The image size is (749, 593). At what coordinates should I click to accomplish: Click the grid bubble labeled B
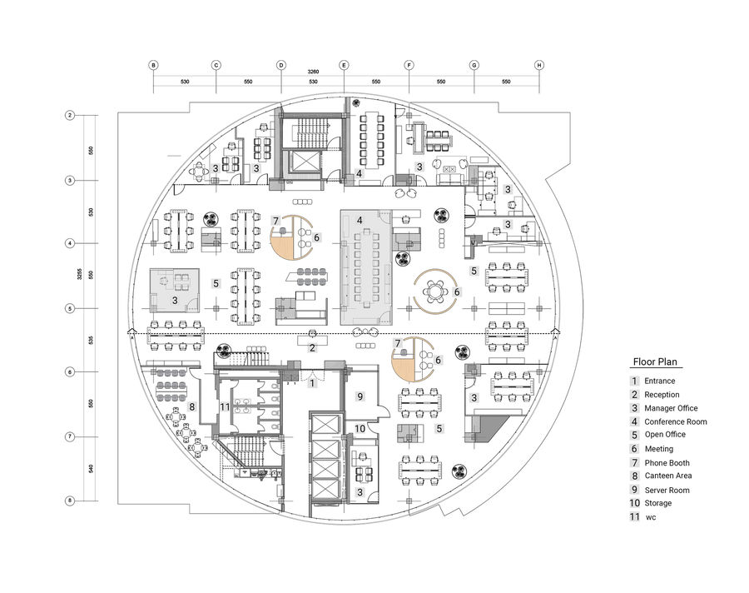[152, 65]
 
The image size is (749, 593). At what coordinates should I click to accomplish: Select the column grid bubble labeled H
[539, 65]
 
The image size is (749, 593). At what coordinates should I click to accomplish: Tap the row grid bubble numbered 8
[71, 501]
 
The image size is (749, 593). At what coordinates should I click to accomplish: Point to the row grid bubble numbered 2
[71, 115]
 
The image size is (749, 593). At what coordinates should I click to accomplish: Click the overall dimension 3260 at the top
[312, 73]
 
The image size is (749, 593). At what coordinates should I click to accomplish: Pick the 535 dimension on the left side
[92, 340]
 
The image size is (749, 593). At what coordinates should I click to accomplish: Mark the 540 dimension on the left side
[92, 468]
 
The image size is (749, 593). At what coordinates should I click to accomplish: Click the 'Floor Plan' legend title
[656, 362]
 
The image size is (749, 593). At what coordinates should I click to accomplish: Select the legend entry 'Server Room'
[667, 490]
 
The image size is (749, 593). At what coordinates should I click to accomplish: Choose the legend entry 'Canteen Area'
[668, 476]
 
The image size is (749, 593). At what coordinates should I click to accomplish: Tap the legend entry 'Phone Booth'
[667, 462]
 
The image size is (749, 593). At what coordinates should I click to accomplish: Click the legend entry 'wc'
[651, 517]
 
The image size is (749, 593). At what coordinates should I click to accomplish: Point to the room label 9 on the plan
[360, 396]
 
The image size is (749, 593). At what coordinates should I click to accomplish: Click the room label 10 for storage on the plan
[360, 428]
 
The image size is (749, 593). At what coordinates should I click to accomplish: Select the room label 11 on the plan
[225, 406]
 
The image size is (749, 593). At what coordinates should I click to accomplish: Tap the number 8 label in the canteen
[192, 407]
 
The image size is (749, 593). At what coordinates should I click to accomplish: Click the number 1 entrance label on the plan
[312, 383]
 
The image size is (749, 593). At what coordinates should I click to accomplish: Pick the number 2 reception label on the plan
[312, 347]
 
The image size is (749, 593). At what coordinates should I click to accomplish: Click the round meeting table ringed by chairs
[434, 292]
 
